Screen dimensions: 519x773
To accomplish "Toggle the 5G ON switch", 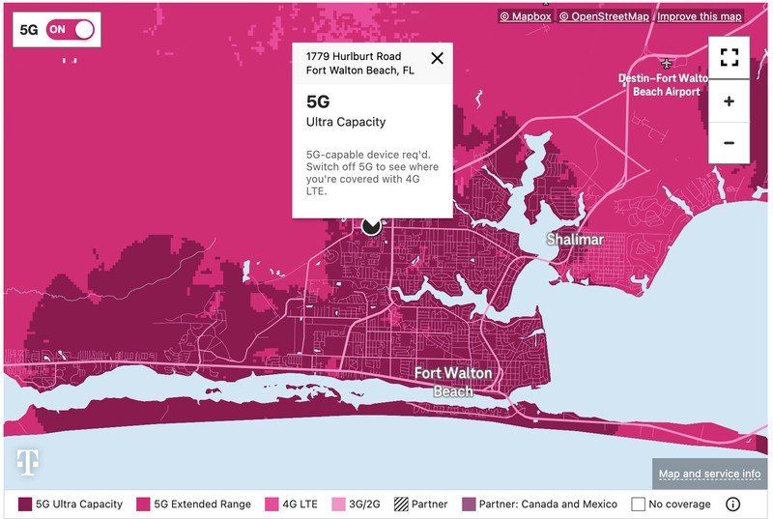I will pyautogui.click(x=71, y=29).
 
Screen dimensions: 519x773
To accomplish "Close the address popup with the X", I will pyautogui.click(x=437, y=58).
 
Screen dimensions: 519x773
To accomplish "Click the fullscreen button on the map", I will pyautogui.click(x=729, y=57).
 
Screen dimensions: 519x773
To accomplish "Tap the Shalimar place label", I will pyautogui.click(x=575, y=239).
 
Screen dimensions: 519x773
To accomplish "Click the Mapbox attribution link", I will pyautogui.click(x=526, y=16).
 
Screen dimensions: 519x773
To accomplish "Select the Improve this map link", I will pyautogui.click(x=701, y=16).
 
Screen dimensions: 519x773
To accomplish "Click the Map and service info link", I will pyautogui.click(x=710, y=474).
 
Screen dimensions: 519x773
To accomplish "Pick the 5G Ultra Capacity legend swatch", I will pyautogui.click(x=25, y=504).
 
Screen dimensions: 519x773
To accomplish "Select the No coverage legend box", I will pyautogui.click(x=638, y=504).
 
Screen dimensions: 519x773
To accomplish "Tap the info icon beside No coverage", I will pyautogui.click(x=732, y=504).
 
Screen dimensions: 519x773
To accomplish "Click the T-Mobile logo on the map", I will pyautogui.click(x=28, y=463).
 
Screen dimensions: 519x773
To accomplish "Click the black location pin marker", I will pyautogui.click(x=372, y=225).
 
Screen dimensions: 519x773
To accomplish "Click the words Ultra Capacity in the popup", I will pyautogui.click(x=346, y=122).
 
